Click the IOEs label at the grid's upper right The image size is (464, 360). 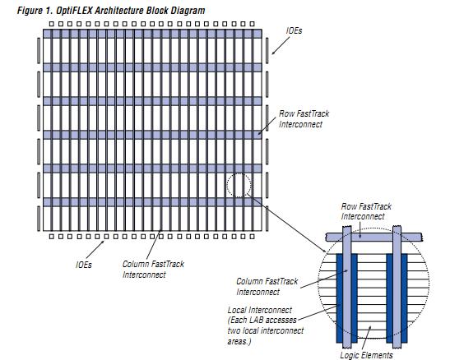294,30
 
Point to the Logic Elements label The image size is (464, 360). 366,355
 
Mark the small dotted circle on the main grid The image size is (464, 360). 239,185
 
